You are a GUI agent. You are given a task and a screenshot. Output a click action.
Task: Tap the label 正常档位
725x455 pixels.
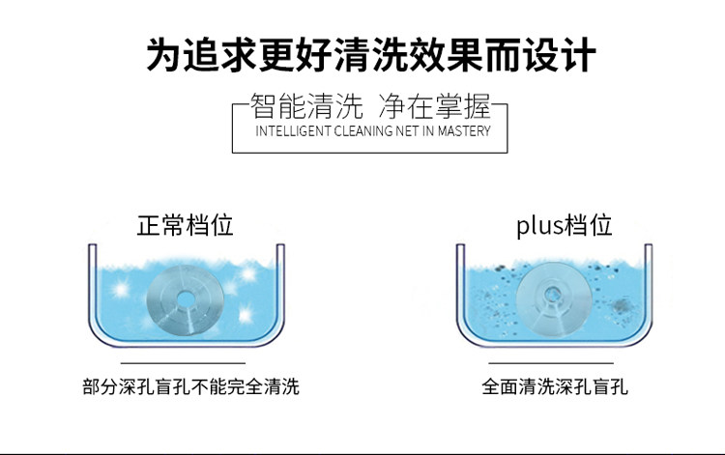click(x=186, y=226)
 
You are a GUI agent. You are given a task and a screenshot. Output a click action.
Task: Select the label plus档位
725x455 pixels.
click(x=564, y=226)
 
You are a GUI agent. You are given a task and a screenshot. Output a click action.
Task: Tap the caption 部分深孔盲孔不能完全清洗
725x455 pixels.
click(x=190, y=387)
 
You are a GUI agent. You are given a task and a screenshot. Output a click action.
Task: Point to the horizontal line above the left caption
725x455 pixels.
click(x=190, y=364)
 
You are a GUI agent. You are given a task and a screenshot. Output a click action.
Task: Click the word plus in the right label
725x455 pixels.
click(x=538, y=227)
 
